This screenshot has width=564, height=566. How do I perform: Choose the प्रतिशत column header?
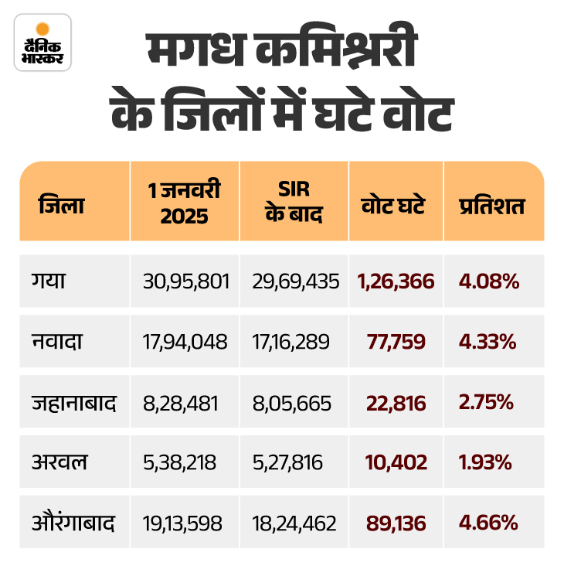pyautogui.click(x=492, y=206)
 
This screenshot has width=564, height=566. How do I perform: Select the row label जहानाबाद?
pyautogui.click(x=73, y=402)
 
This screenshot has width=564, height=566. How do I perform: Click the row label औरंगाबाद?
pyautogui.click(x=73, y=523)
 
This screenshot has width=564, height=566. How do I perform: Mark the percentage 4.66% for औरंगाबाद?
pyautogui.click(x=488, y=523)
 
